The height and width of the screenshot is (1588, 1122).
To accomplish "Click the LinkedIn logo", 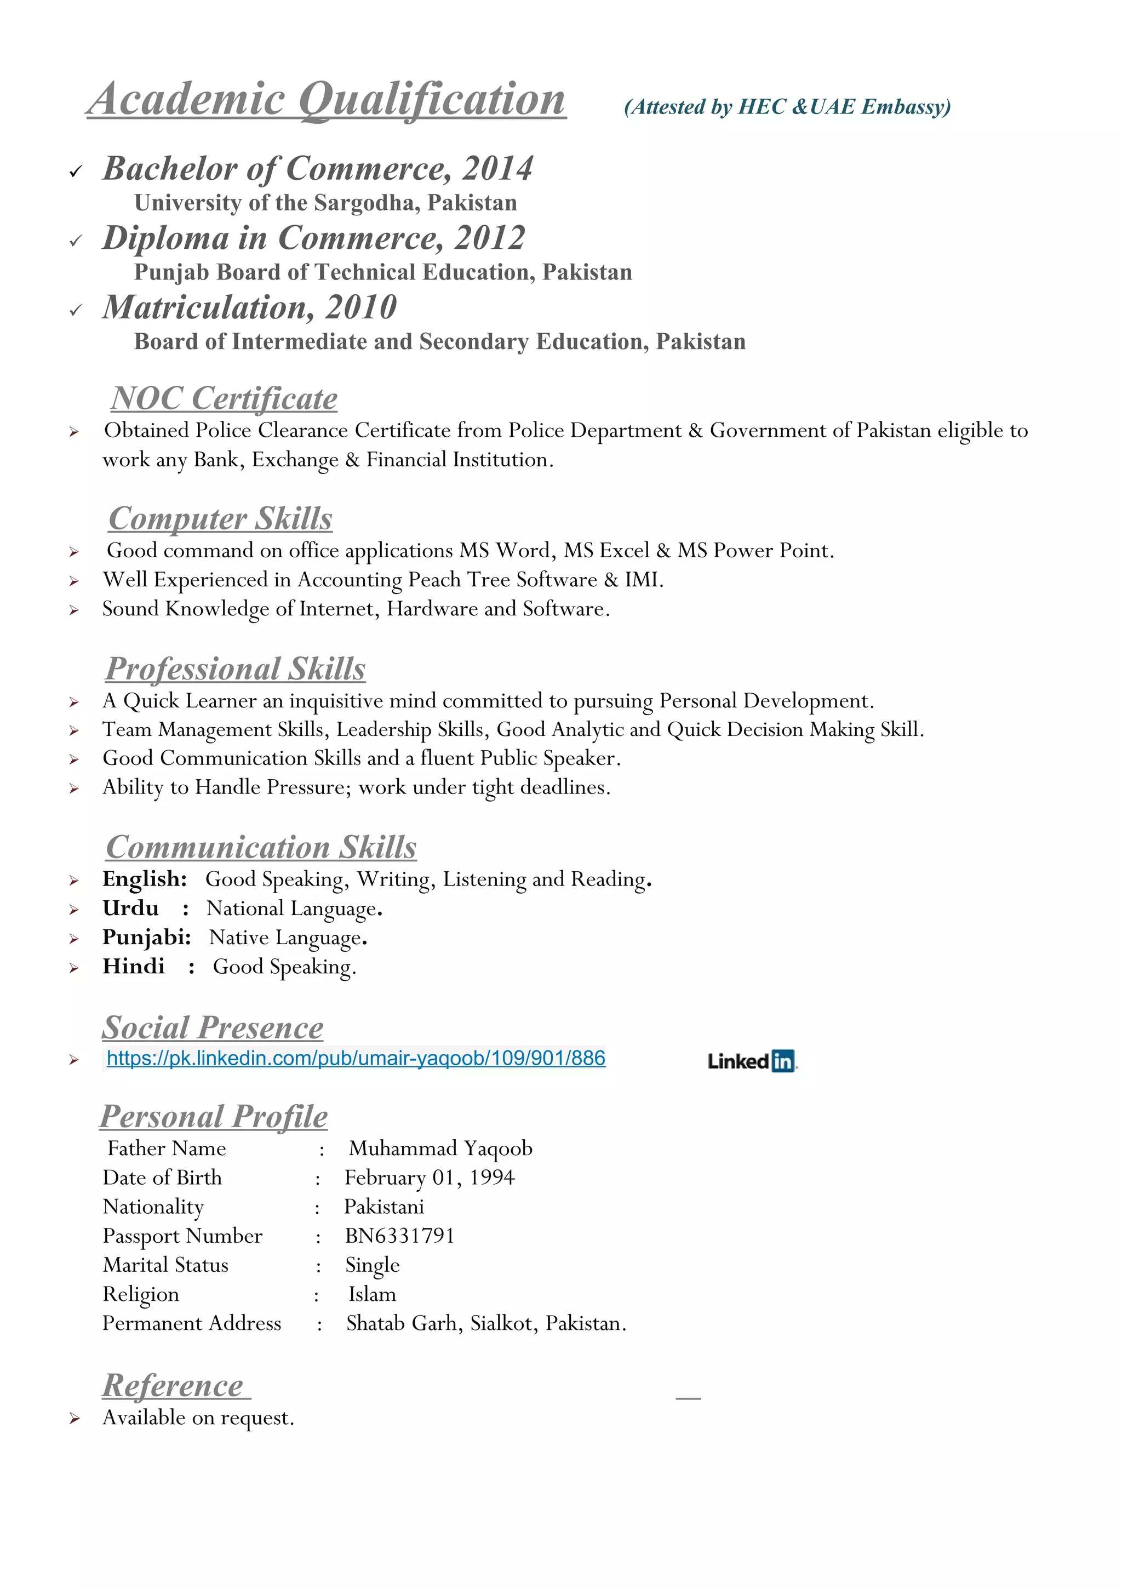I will pyautogui.click(x=752, y=1060).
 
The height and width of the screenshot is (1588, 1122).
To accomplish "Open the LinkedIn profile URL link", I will pyautogui.click(x=356, y=1058).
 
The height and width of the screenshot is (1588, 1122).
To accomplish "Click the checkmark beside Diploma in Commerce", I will pyautogui.click(x=76, y=241).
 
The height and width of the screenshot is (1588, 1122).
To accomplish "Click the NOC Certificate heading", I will pyautogui.click(x=224, y=399).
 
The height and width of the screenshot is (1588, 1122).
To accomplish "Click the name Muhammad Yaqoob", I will pyautogui.click(x=440, y=1148).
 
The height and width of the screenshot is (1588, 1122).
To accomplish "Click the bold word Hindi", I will pyautogui.click(x=134, y=966).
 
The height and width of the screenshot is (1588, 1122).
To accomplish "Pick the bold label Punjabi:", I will pyautogui.click(x=147, y=937).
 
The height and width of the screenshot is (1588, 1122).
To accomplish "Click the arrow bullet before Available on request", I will pyautogui.click(x=74, y=1419).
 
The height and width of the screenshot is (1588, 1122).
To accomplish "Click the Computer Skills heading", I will pyautogui.click(x=221, y=519).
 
